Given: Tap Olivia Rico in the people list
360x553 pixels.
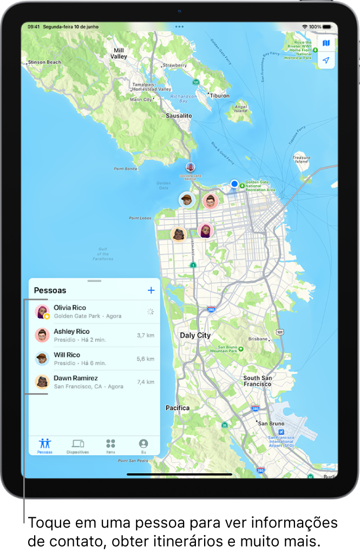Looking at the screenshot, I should click(x=87, y=311).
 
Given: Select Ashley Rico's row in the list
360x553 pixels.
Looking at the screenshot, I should click(x=87, y=335).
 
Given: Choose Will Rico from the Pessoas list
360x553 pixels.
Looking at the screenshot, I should click(x=87, y=359).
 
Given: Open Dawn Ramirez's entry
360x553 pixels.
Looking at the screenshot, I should click(x=87, y=382).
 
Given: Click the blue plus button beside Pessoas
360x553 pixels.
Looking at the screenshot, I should click(x=151, y=290).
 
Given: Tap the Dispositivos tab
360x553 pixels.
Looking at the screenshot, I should click(x=78, y=446).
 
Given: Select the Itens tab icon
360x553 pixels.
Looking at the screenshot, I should click(x=110, y=446).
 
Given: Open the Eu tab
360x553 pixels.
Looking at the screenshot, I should click(x=143, y=446).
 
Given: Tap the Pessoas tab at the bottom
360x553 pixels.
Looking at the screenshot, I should click(x=45, y=446).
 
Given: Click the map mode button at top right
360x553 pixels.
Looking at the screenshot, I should click(x=326, y=43).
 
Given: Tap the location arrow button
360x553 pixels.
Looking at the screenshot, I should click(x=326, y=61).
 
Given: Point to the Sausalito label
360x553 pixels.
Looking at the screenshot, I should click(x=179, y=116).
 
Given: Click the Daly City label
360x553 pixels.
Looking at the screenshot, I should click(x=195, y=335).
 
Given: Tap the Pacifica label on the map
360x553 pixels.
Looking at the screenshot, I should click(x=178, y=408).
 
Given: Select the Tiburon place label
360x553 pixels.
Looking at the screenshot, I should click(x=219, y=95).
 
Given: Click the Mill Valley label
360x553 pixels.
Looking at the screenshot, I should click(x=119, y=53).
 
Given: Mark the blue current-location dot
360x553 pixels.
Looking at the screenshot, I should click(x=234, y=184).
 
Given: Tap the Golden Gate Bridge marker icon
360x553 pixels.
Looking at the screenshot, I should click(x=189, y=167).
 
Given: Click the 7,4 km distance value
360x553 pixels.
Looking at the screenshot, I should click(x=146, y=382).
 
